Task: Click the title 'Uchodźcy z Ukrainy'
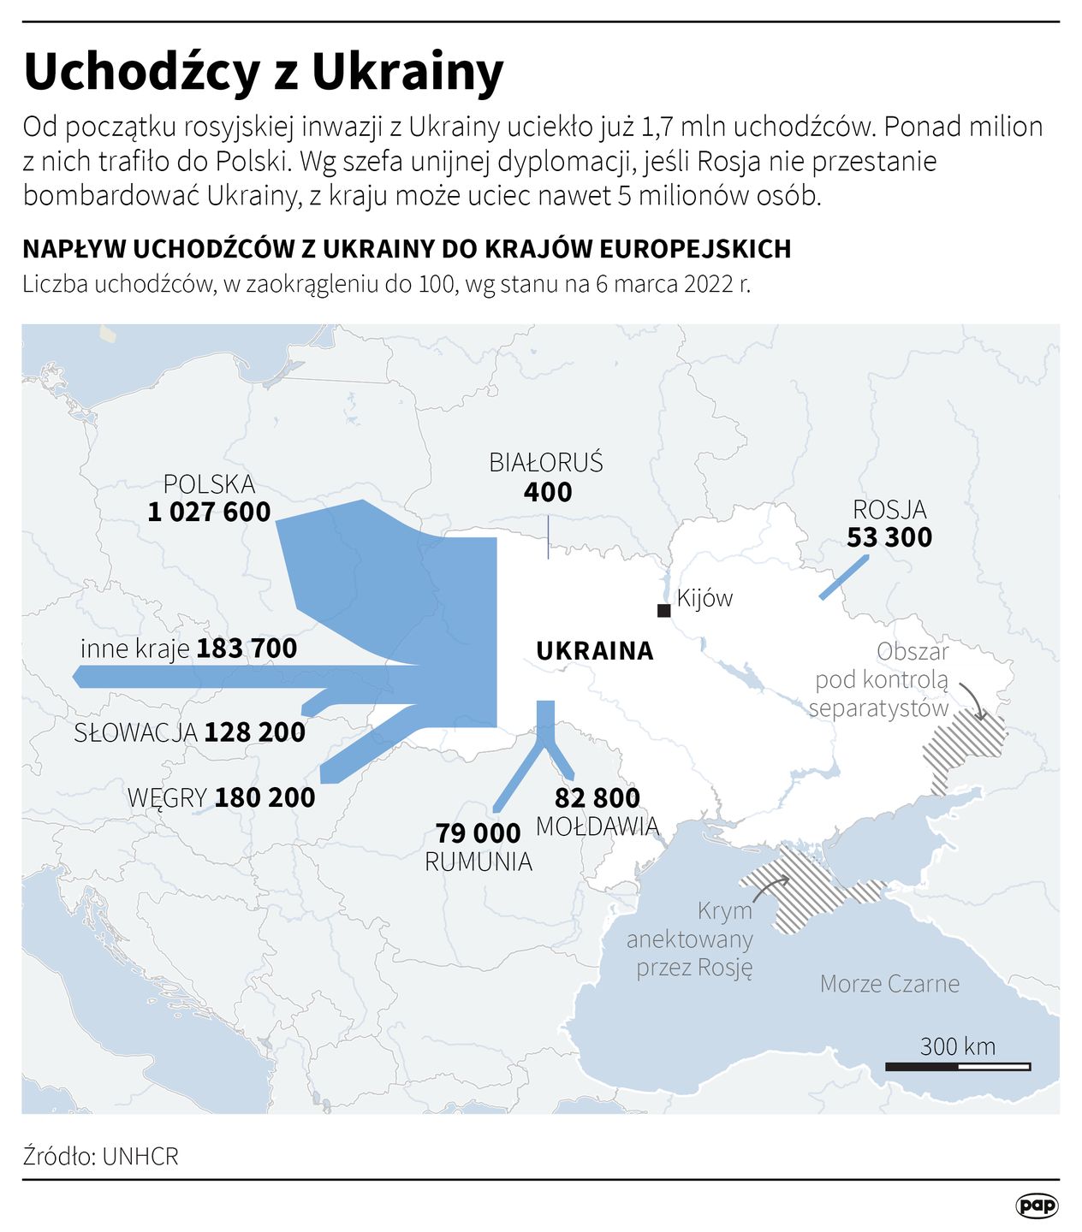click(264, 72)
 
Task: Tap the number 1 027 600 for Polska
click(209, 512)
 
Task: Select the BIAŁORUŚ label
click(546, 463)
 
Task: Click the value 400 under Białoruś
click(548, 492)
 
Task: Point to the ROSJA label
click(889, 510)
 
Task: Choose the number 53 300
click(889, 537)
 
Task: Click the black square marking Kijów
click(663, 610)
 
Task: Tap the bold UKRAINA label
click(595, 651)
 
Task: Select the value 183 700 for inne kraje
click(247, 649)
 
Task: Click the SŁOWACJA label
click(136, 733)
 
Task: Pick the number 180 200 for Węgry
click(265, 797)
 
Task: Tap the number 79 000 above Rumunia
click(478, 833)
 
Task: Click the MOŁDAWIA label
click(597, 826)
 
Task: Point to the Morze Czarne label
click(889, 984)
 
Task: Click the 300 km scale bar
click(958, 1066)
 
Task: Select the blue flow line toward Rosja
click(844, 577)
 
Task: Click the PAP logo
click(1037, 1205)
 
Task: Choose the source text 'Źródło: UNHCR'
click(101, 1157)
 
